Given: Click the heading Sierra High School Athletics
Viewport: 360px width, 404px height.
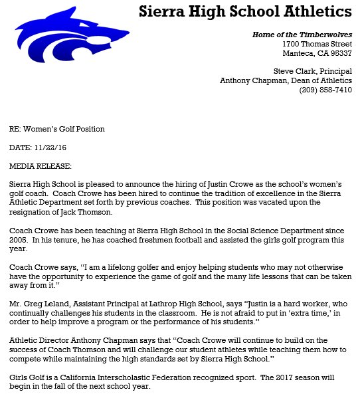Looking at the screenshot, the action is coord(246,12).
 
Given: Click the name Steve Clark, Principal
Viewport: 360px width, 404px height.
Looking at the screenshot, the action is coord(313,72).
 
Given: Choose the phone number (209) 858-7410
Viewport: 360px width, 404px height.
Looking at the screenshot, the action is coord(325,90).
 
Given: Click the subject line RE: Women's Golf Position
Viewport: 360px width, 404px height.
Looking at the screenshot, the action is coord(56,129).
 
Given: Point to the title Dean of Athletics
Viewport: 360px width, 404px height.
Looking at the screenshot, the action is coord(316,81).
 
